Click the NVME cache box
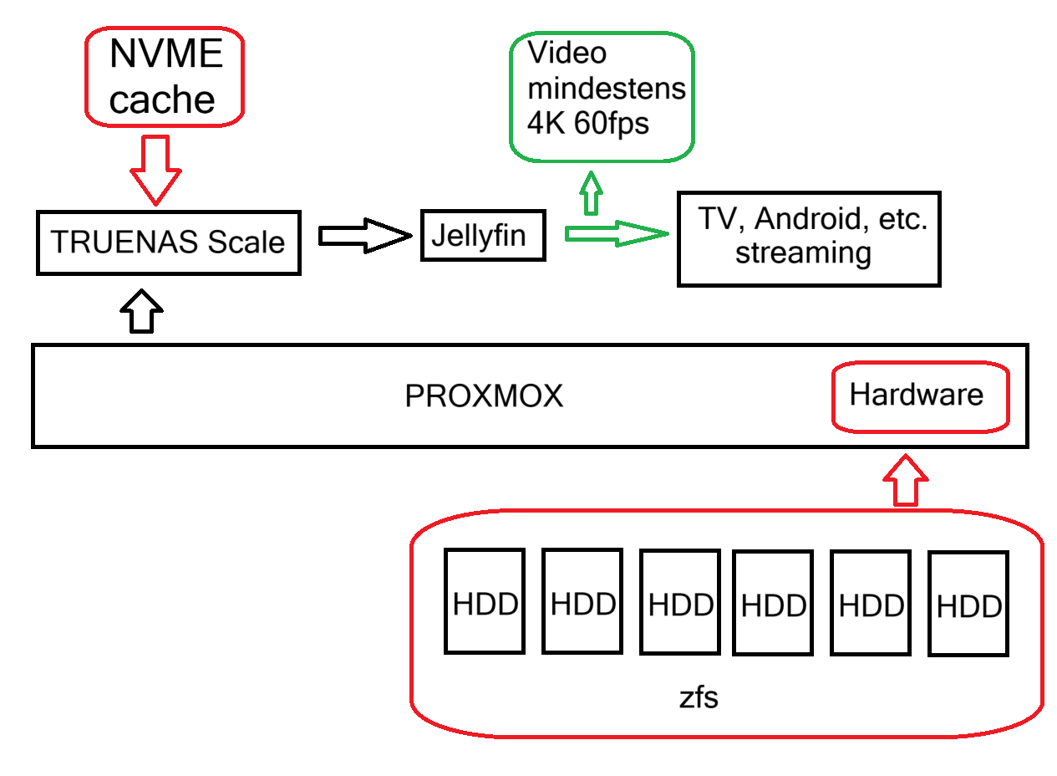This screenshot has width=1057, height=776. pyautogui.click(x=164, y=78)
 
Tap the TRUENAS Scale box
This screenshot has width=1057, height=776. pyautogui.click(x=168, y=242)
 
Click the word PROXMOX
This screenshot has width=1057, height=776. pyautogui.click(x=484, y=396)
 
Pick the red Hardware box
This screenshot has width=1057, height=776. pyautogui.click(x=917, y=396)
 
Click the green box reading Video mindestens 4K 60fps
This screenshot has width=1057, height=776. pyautogui.click(x=602, y=97)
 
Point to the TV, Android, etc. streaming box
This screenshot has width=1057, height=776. pyautogui.click(x=809, y=238)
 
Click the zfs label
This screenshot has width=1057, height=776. pyautogui.click(x=699, y=697)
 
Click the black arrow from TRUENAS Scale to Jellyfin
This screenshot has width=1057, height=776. pyautogui.click(x=364, y=237)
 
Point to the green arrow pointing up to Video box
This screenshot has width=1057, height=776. pyautogui.click(x=592, y=191)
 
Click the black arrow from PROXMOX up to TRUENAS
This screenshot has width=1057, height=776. pyautogui.click(x=142, y=311)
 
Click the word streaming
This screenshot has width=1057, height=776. pyautogui.click(x=803, y=253)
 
